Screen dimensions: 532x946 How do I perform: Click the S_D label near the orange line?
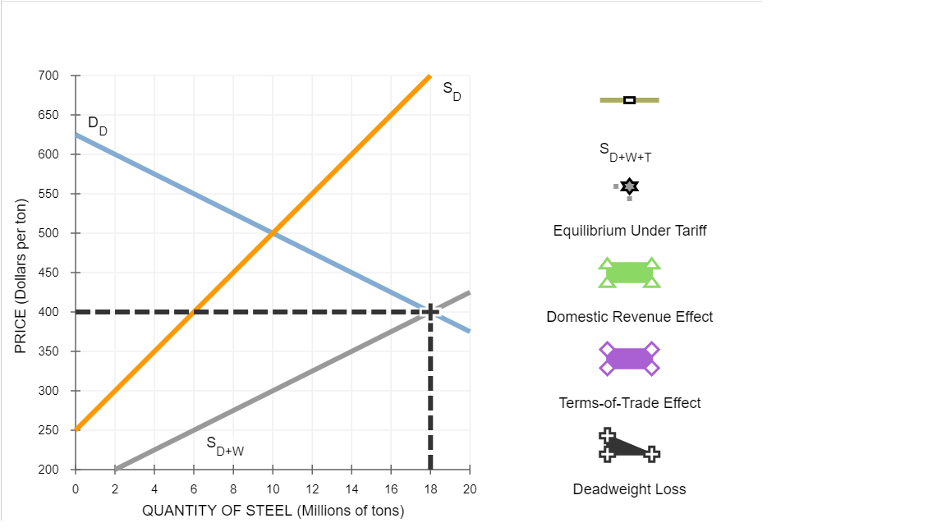point(452,90)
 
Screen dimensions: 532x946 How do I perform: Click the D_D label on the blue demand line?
point(97,126)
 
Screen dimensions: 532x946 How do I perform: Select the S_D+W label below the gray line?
point(224,445)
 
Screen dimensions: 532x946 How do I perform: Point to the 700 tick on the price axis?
point(48,76)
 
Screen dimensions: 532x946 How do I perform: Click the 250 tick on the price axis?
point(48,430)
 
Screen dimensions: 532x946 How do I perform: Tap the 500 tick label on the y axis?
point(48,233)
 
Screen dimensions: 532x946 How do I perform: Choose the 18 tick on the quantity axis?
point(430,489)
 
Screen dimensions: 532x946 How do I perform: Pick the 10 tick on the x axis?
point(273,489)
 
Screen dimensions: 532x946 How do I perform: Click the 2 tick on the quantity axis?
point(115,489)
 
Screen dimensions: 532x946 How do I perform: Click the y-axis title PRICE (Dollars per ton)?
point(21,273)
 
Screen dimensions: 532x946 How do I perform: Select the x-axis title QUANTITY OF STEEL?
point(273,511)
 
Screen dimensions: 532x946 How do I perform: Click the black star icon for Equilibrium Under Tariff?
point(629,187)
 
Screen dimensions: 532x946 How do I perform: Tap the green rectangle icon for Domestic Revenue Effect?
point(629,273)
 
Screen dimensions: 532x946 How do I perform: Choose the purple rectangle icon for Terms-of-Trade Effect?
point(629,359)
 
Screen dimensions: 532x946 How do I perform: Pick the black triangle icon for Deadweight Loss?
point(627,446)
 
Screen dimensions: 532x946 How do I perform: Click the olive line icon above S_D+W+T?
point(629,100)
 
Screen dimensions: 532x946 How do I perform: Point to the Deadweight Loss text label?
point(629,489)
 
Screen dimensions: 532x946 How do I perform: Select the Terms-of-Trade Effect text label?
point(629,403)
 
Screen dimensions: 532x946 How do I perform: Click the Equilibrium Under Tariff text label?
point(629,231)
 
